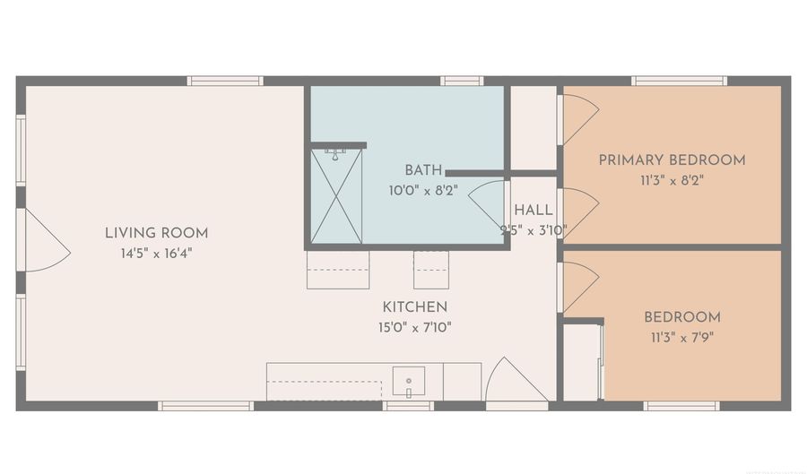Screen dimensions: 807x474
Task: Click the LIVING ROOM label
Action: [156, 233]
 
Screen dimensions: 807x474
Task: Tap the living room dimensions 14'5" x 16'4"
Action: [156, 254]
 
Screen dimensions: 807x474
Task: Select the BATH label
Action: [423, 170]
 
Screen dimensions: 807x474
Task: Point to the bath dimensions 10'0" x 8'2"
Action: [423, 191]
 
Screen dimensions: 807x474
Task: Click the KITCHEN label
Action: [415, 307]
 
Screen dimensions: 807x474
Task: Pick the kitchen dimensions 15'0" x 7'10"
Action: [415, 327]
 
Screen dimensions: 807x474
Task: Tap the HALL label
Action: [534, 210]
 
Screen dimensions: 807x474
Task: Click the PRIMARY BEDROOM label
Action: [672, 159]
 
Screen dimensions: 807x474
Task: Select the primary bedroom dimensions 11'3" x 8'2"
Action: [672, 180]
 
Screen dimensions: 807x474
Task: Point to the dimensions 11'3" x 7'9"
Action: [682, 338]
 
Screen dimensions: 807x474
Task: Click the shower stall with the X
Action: [336, 196]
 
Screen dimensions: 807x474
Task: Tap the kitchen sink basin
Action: [409, 381]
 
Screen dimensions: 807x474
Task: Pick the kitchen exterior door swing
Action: [516, 381]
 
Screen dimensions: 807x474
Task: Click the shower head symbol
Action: [335, 155]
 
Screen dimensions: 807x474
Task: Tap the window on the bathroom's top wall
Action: [462, 81]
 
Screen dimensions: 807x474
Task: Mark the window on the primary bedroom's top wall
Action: [680, 81]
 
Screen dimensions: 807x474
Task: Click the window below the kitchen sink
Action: [408, 406]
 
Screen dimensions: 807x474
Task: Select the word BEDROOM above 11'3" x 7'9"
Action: [682, 316]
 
